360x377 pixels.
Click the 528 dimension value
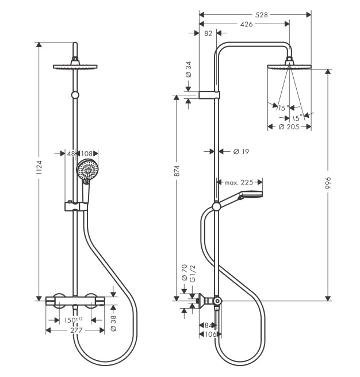point(261,15)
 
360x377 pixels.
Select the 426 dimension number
point(246,24)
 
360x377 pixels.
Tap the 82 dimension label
point(208,33)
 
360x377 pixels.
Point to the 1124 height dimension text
point(39,167)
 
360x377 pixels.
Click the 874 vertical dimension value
point(177,171)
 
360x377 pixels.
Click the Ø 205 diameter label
point(289,126)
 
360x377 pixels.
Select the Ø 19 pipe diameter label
point(242,152)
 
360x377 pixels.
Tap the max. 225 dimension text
point(239,183)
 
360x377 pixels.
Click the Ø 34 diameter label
point(189,69)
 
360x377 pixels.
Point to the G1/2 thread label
point(193,274)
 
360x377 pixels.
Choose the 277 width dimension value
point(76,330)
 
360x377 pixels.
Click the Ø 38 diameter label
point(113,323)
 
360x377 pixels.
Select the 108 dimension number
point(87,153)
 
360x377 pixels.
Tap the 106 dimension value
point(211,334)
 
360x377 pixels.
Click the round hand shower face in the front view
point(87,170)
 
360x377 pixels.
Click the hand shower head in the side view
point(250,195)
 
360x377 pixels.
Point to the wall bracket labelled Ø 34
point(209,95)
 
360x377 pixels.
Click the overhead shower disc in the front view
point(75,67)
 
